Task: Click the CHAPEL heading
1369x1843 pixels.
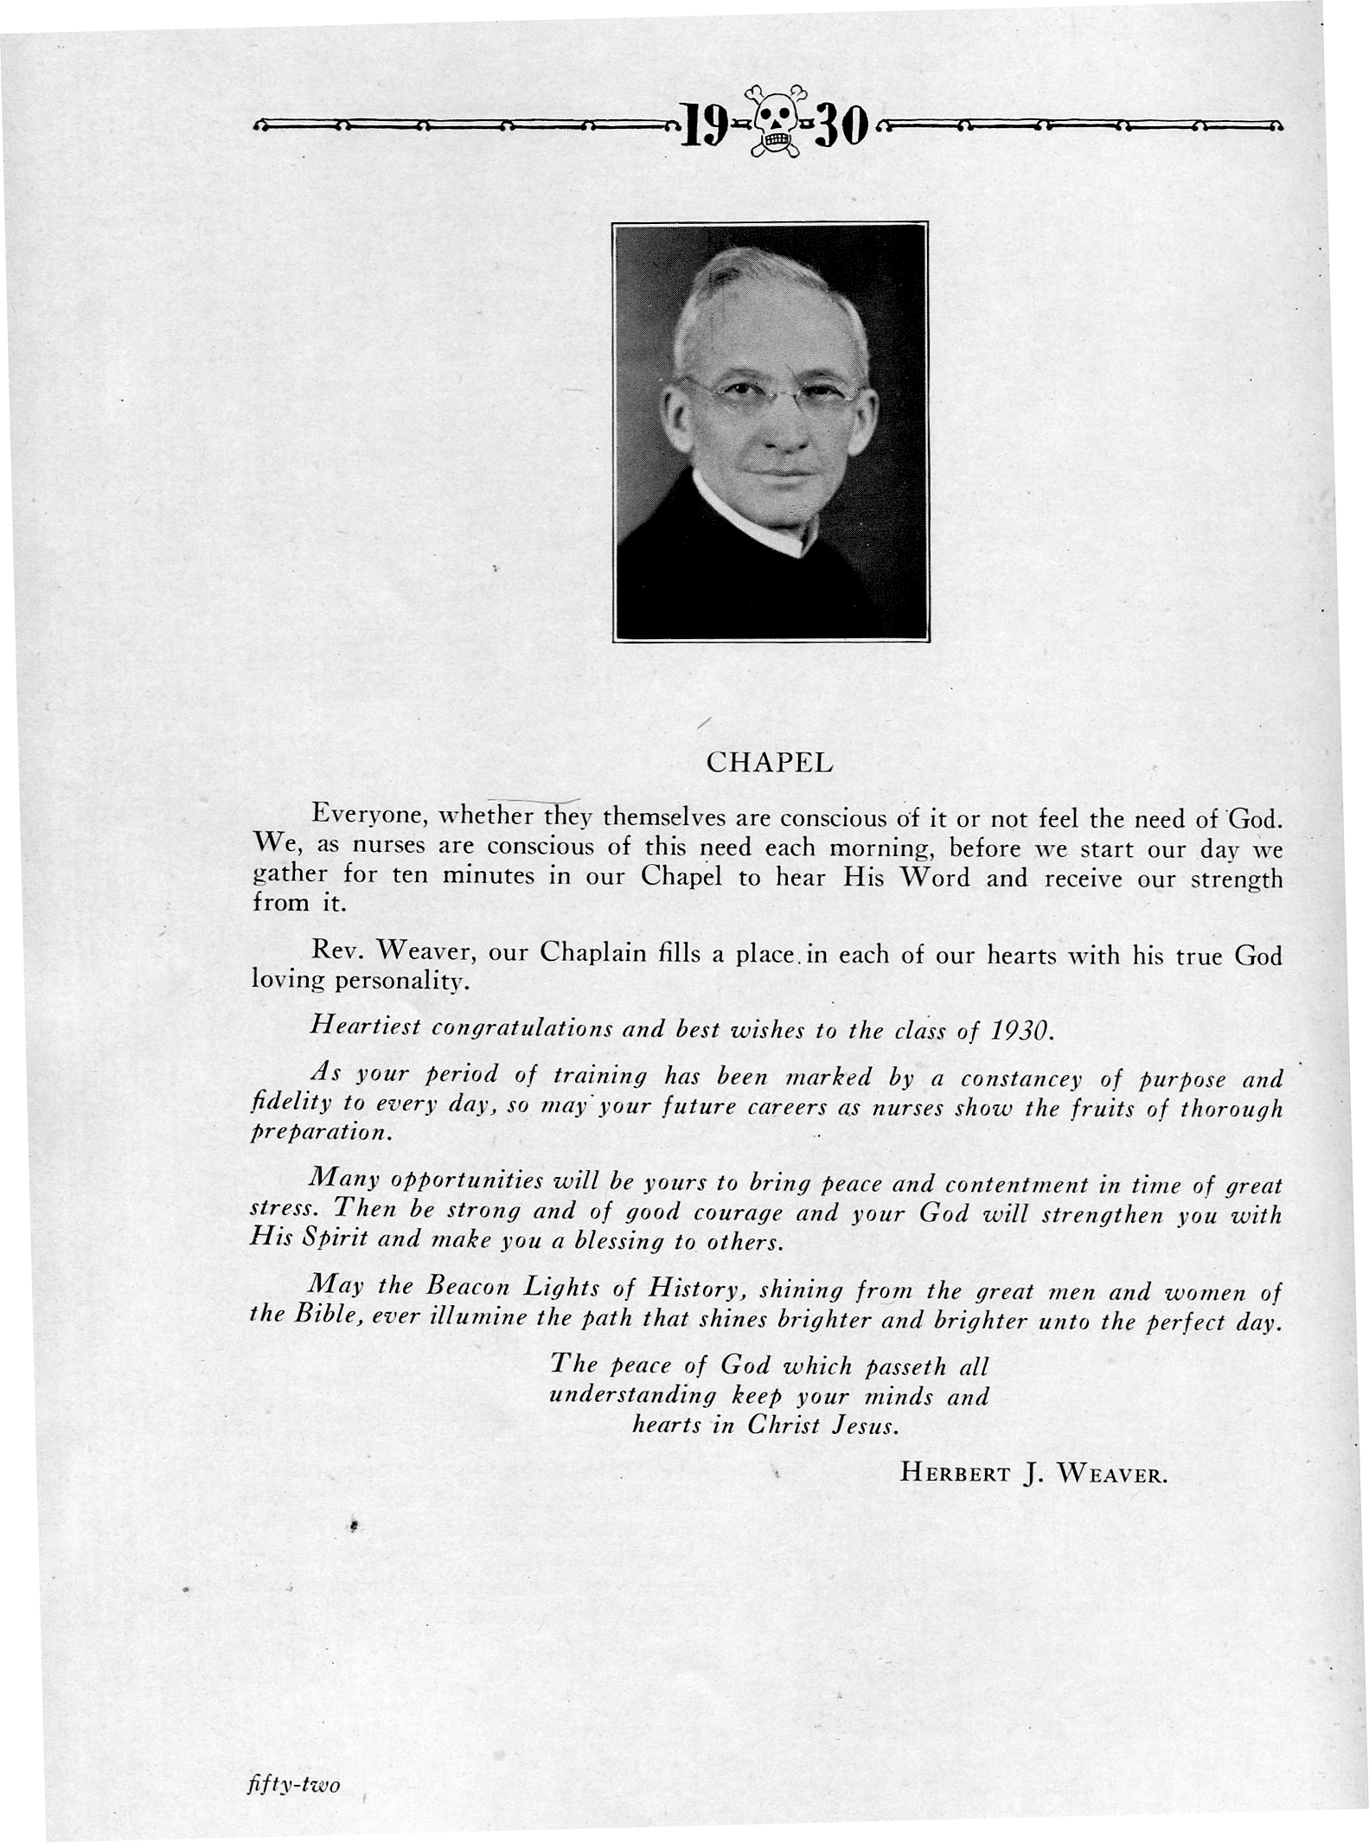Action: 770,763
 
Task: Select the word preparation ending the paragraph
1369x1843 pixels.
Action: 320,1133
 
